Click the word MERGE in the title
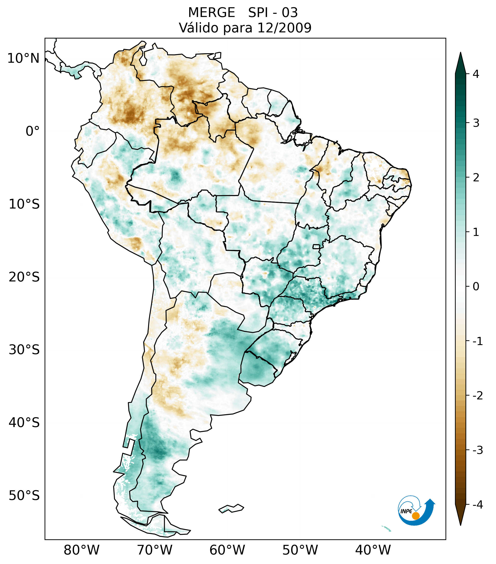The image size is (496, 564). pos(212,13)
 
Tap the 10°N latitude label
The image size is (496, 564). pos(23,58)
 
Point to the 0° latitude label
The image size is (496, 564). pos(33,131)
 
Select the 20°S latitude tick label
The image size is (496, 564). pos(24,277)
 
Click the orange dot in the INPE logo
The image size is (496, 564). pos(416,516)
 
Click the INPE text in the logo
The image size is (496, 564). pos(406,511)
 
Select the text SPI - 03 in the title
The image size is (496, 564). pos(273,13)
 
